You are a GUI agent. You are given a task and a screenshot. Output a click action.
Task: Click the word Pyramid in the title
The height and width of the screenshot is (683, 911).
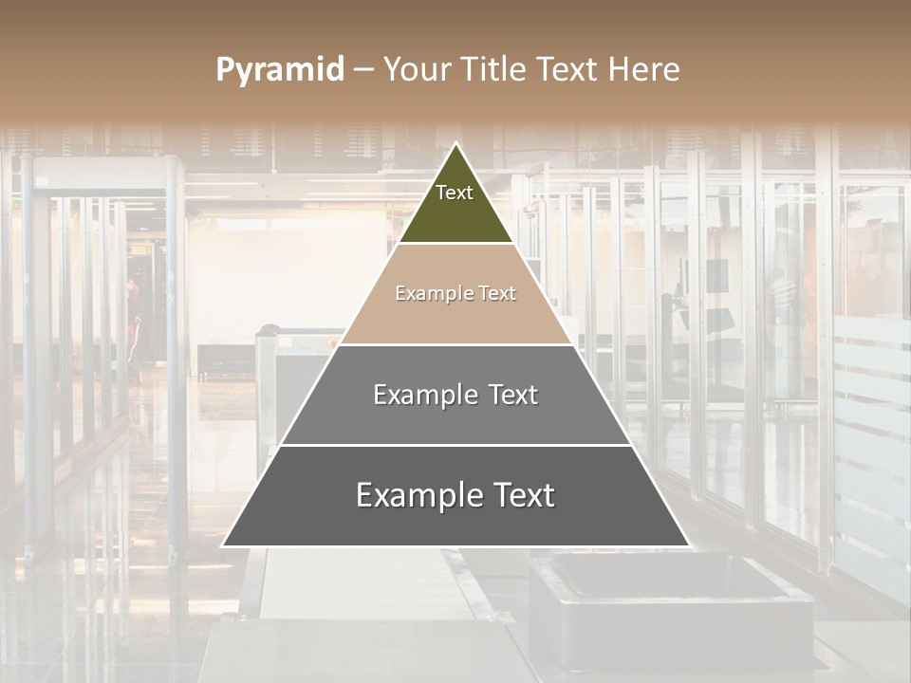pos(280,70)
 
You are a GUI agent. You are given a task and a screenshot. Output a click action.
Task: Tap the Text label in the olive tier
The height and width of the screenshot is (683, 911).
pos(455,193)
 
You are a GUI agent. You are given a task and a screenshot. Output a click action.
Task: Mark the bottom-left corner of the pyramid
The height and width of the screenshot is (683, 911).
pos(224,545)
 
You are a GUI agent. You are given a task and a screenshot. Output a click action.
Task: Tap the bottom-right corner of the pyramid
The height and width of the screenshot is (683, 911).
pos(688,545)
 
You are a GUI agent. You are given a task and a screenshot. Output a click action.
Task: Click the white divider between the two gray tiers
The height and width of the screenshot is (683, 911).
pos(455,445)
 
